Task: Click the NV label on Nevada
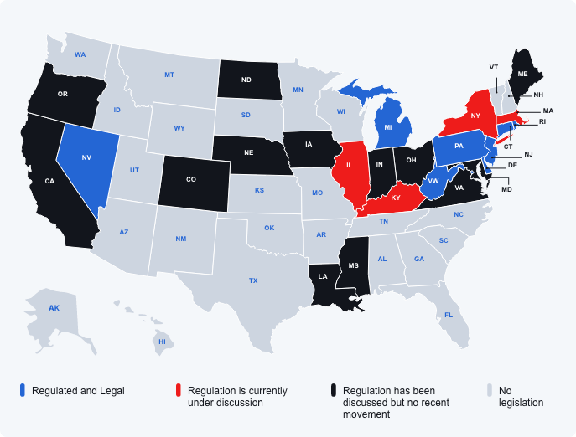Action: pos(86,157)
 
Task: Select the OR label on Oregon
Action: pos(62,94)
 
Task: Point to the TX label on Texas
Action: pos(252,280)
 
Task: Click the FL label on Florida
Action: pos(449,315)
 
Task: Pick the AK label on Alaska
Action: pos(54,309)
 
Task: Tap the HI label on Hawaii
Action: pos(163,342)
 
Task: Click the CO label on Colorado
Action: pos(192,178)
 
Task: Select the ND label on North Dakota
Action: pos(246,81)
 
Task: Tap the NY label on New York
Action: pos(475,116)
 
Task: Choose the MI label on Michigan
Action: pos(388,127)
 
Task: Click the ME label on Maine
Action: pos(522,74)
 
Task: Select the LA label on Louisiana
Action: pos(324,274)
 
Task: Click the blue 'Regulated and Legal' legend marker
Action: pos(23,391)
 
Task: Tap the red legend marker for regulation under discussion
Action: pos(179,391)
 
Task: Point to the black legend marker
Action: pos(334,391)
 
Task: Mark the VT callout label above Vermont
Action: pos(494,66)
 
